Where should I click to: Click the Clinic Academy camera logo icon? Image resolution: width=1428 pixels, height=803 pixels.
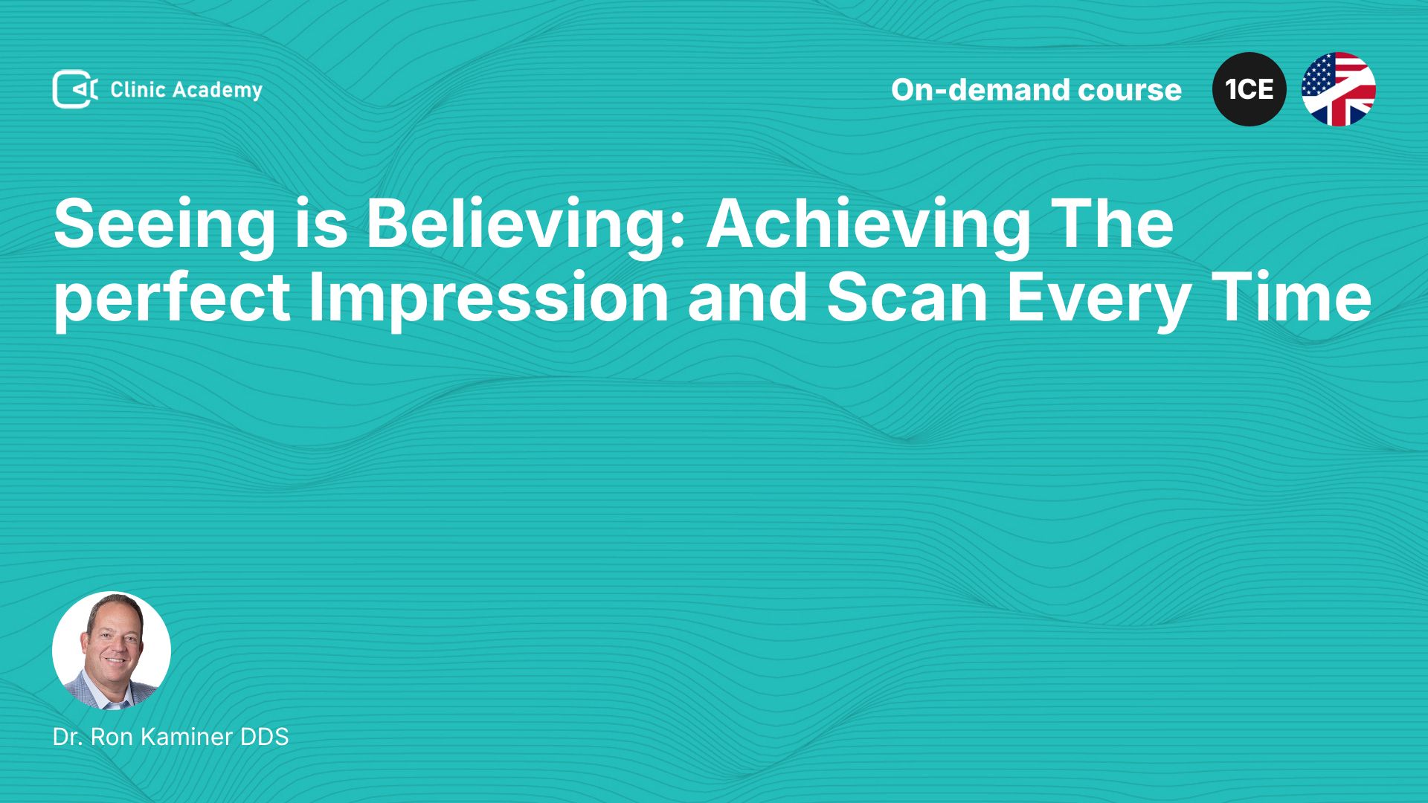75,89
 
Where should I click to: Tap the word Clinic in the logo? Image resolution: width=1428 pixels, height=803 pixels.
138,89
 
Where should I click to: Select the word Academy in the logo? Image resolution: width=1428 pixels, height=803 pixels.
218,91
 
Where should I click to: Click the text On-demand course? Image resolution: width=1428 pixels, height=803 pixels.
1036,89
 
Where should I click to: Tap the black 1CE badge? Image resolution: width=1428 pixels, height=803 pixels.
1249,89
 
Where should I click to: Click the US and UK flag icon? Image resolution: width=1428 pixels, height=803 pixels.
1339,89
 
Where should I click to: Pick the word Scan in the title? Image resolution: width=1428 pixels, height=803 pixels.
907,297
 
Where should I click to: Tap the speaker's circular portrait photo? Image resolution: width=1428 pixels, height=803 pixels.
112,651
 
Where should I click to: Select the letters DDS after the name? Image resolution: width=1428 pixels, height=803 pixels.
264,737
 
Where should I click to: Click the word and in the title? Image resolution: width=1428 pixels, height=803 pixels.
747,297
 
